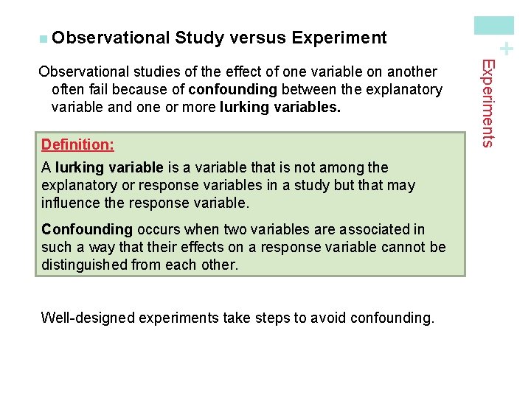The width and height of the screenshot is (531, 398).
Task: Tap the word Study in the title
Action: [200, 38]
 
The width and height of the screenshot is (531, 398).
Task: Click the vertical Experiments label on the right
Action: [487, 103]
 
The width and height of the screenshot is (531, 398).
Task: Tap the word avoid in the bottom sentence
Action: [324, 318]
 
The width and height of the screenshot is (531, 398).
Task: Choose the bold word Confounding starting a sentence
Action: [87, 230]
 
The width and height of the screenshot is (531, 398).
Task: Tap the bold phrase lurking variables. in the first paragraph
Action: [280, 108]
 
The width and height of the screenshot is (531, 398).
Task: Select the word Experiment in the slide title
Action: [339, 38]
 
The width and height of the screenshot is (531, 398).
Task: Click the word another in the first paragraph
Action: [410, 72]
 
